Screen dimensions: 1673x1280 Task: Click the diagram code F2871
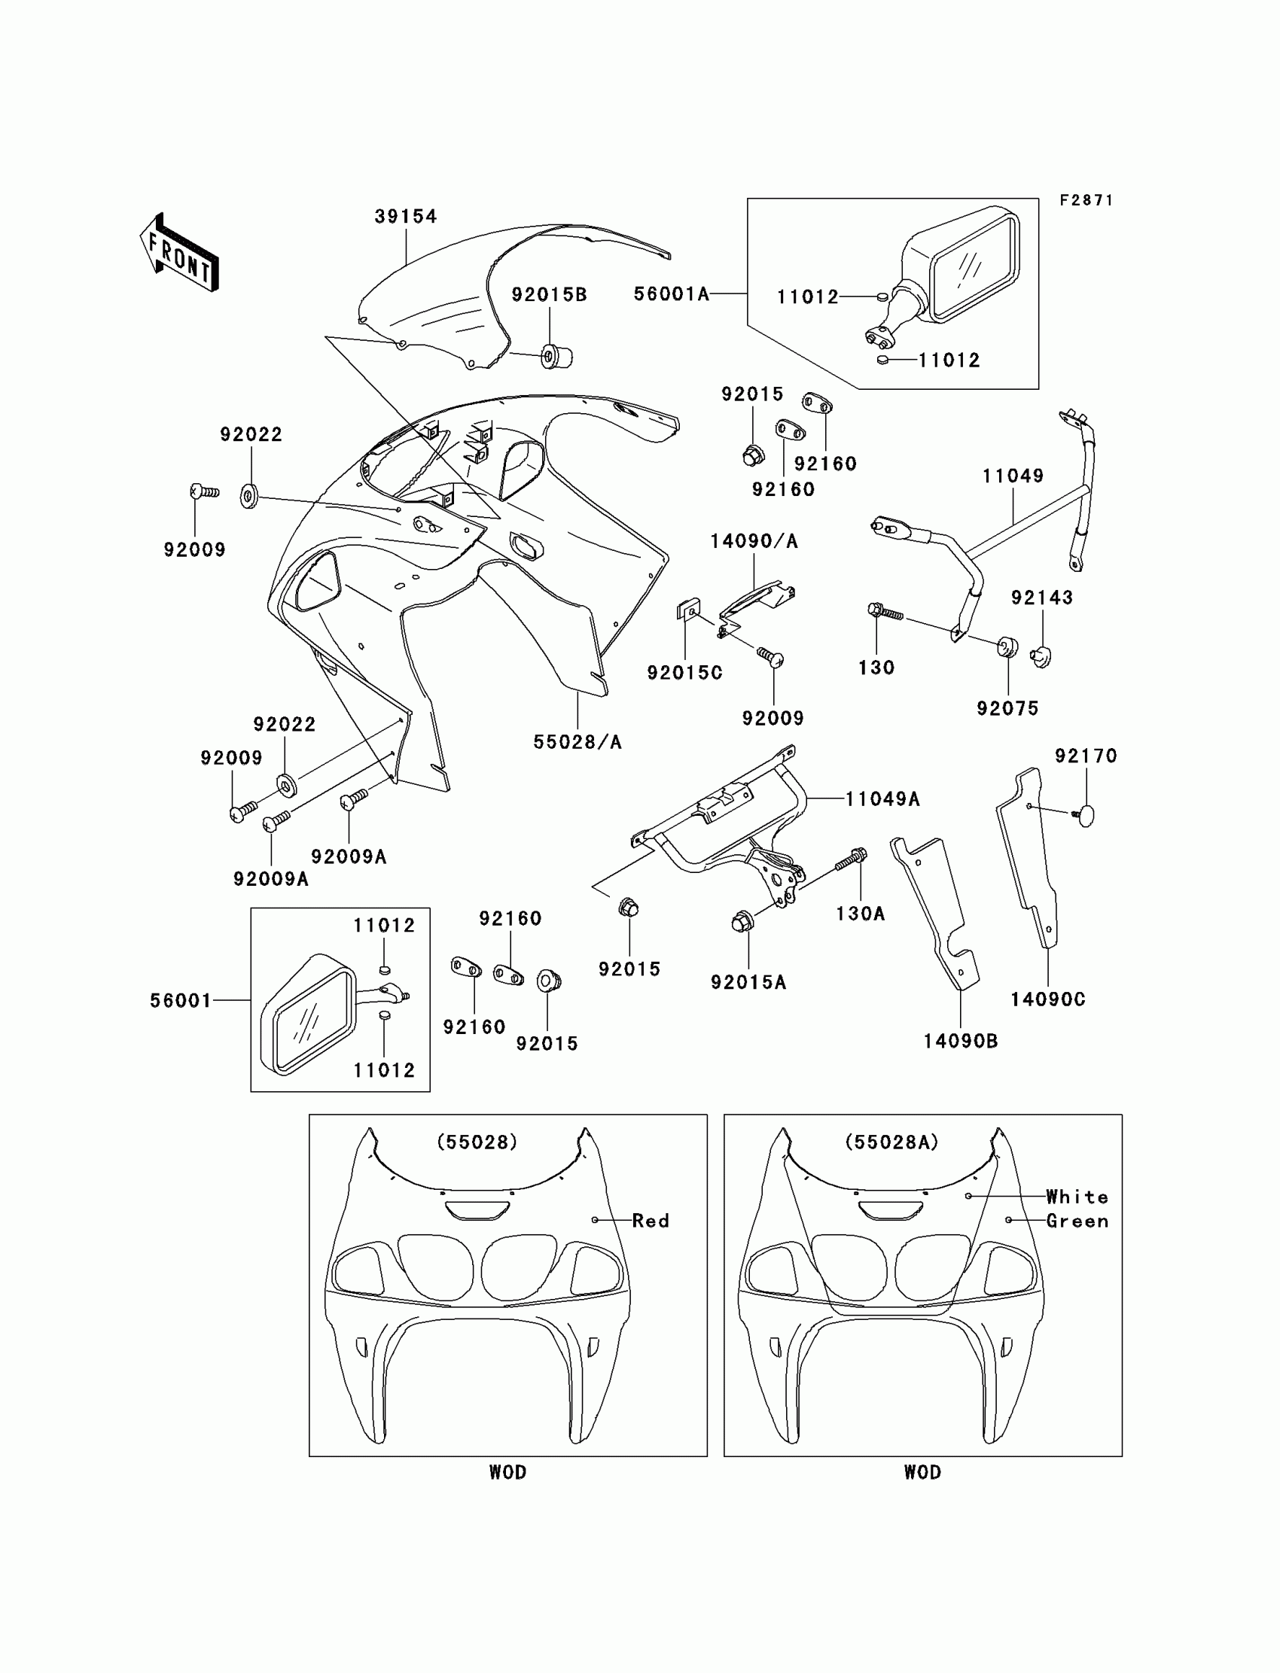[1086, 200]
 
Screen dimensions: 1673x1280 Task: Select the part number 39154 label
[405, 216]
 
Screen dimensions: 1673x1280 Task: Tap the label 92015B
[549, 295]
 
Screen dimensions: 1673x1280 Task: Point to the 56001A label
[671, 294]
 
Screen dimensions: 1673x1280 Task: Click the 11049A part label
[882, 798]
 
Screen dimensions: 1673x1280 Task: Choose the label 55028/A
[578, 742]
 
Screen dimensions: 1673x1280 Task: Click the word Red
[650, 1221]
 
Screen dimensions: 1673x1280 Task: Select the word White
[1077, 1197]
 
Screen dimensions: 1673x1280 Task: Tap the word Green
[1077, 1221]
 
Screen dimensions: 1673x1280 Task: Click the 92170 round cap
[1086, 816]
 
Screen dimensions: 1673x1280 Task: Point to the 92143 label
[1041, 598]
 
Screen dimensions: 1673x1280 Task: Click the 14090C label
[1047, 999]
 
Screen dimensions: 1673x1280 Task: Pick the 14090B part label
[960, 1041]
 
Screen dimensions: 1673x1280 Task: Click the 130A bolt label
[860, 913]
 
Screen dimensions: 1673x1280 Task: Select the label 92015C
[684, 673]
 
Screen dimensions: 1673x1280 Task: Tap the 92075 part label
[1007, 708]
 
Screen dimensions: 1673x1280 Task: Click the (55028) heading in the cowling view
[477, 1142]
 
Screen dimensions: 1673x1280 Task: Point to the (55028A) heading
[891, 1142]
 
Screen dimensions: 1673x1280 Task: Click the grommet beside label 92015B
[556, 356]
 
